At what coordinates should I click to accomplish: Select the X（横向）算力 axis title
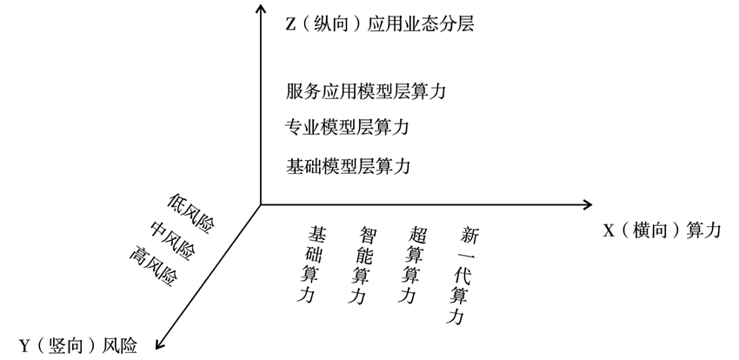(662, 230)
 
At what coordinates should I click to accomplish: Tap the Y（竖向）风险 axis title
(78, 346)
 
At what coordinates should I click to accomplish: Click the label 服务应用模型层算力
(366, 91)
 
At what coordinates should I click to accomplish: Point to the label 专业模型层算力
(347, 127)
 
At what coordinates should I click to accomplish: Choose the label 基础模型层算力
(348, 166)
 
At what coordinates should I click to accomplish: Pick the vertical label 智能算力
(363, 265)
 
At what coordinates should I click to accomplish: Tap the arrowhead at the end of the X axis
(589, 204)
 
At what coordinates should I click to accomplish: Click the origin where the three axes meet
(261, 204)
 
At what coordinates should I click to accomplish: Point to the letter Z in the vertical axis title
(290, 24)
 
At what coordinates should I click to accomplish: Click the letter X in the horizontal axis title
(609, 231)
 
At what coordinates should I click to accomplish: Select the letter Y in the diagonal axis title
(25, 347)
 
